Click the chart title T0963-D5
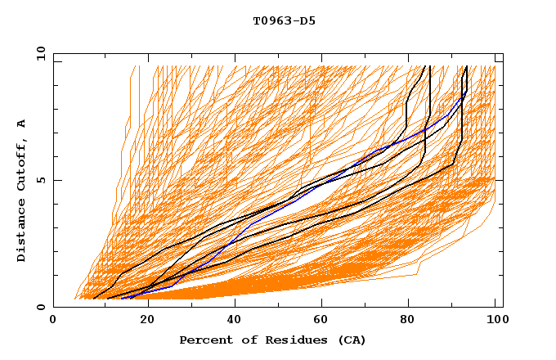[x=284, y=21]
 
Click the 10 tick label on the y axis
[x=40, y=53]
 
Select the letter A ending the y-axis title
[x=22, y=124]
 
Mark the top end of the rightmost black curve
[x=466, y=66]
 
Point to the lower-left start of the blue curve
[x=122, y=299]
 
